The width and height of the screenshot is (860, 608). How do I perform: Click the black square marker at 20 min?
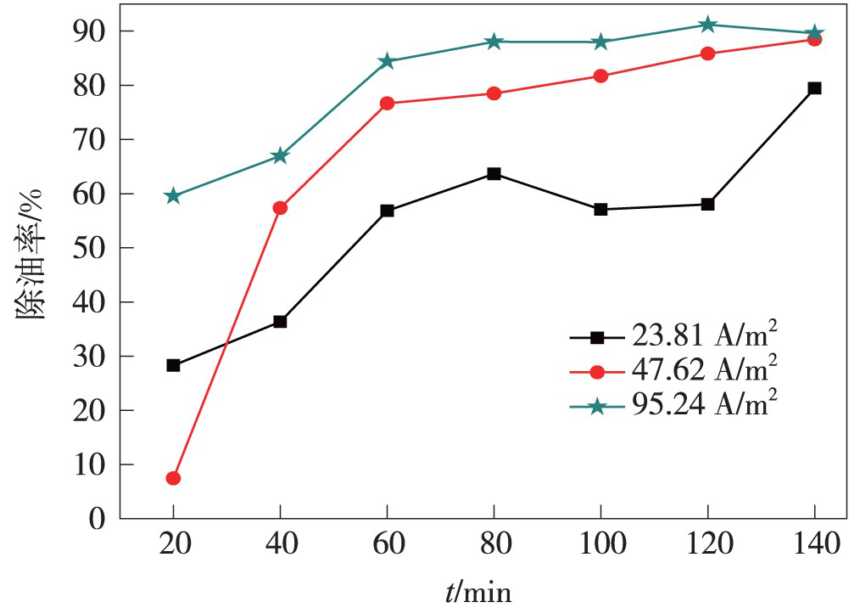pyautogui.click(x=173, y=365)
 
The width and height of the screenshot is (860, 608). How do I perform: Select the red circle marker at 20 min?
pyautogui.click(x=173, y=478)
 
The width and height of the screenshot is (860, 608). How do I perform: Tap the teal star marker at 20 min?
pyautogui.click(x=173, y=196)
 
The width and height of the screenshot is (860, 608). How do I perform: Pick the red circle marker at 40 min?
pyautogui.click(x=280, y=207)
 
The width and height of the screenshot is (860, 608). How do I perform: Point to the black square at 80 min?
pyautogui.click(x=494, y=174)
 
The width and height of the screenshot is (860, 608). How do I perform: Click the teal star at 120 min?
pyautogui.click(x=707, y=25)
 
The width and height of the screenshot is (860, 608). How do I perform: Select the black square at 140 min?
pyautogui.click(x=814, y=87)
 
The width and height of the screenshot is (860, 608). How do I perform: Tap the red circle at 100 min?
pyautogui.click(x=600, y=76)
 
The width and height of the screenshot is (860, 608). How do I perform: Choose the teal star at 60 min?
pyautogui.click(x=387, y=61)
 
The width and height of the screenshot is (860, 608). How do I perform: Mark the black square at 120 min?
pyautogui.click(x=707, y=204)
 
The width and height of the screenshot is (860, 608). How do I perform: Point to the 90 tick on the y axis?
pyautogui.click(x=93, y=31)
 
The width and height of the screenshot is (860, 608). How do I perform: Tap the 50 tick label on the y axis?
pyautogui.click(x=93, y=248)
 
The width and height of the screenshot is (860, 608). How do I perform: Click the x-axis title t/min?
pyautogui.click(x=480, y=589)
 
